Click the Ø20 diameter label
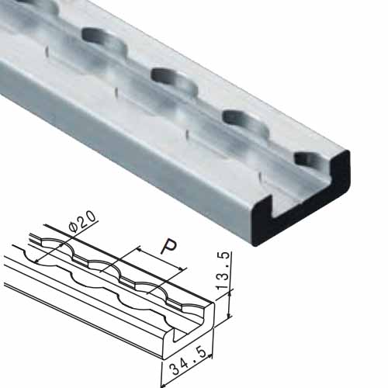[x=83, y=222]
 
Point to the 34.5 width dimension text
[x=189, y=361]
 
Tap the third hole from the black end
[x=174, y=79]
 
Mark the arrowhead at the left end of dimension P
[x=138, y=249]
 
